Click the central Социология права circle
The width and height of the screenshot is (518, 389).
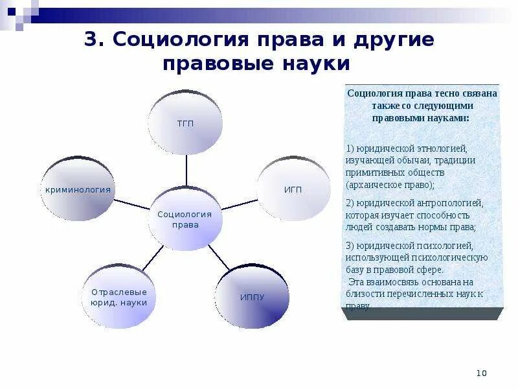click(186, 218)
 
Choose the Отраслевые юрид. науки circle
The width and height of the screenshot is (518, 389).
click(119, 296)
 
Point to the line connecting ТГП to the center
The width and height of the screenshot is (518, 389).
click(186, 171)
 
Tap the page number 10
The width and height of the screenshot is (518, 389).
click(481, 373)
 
